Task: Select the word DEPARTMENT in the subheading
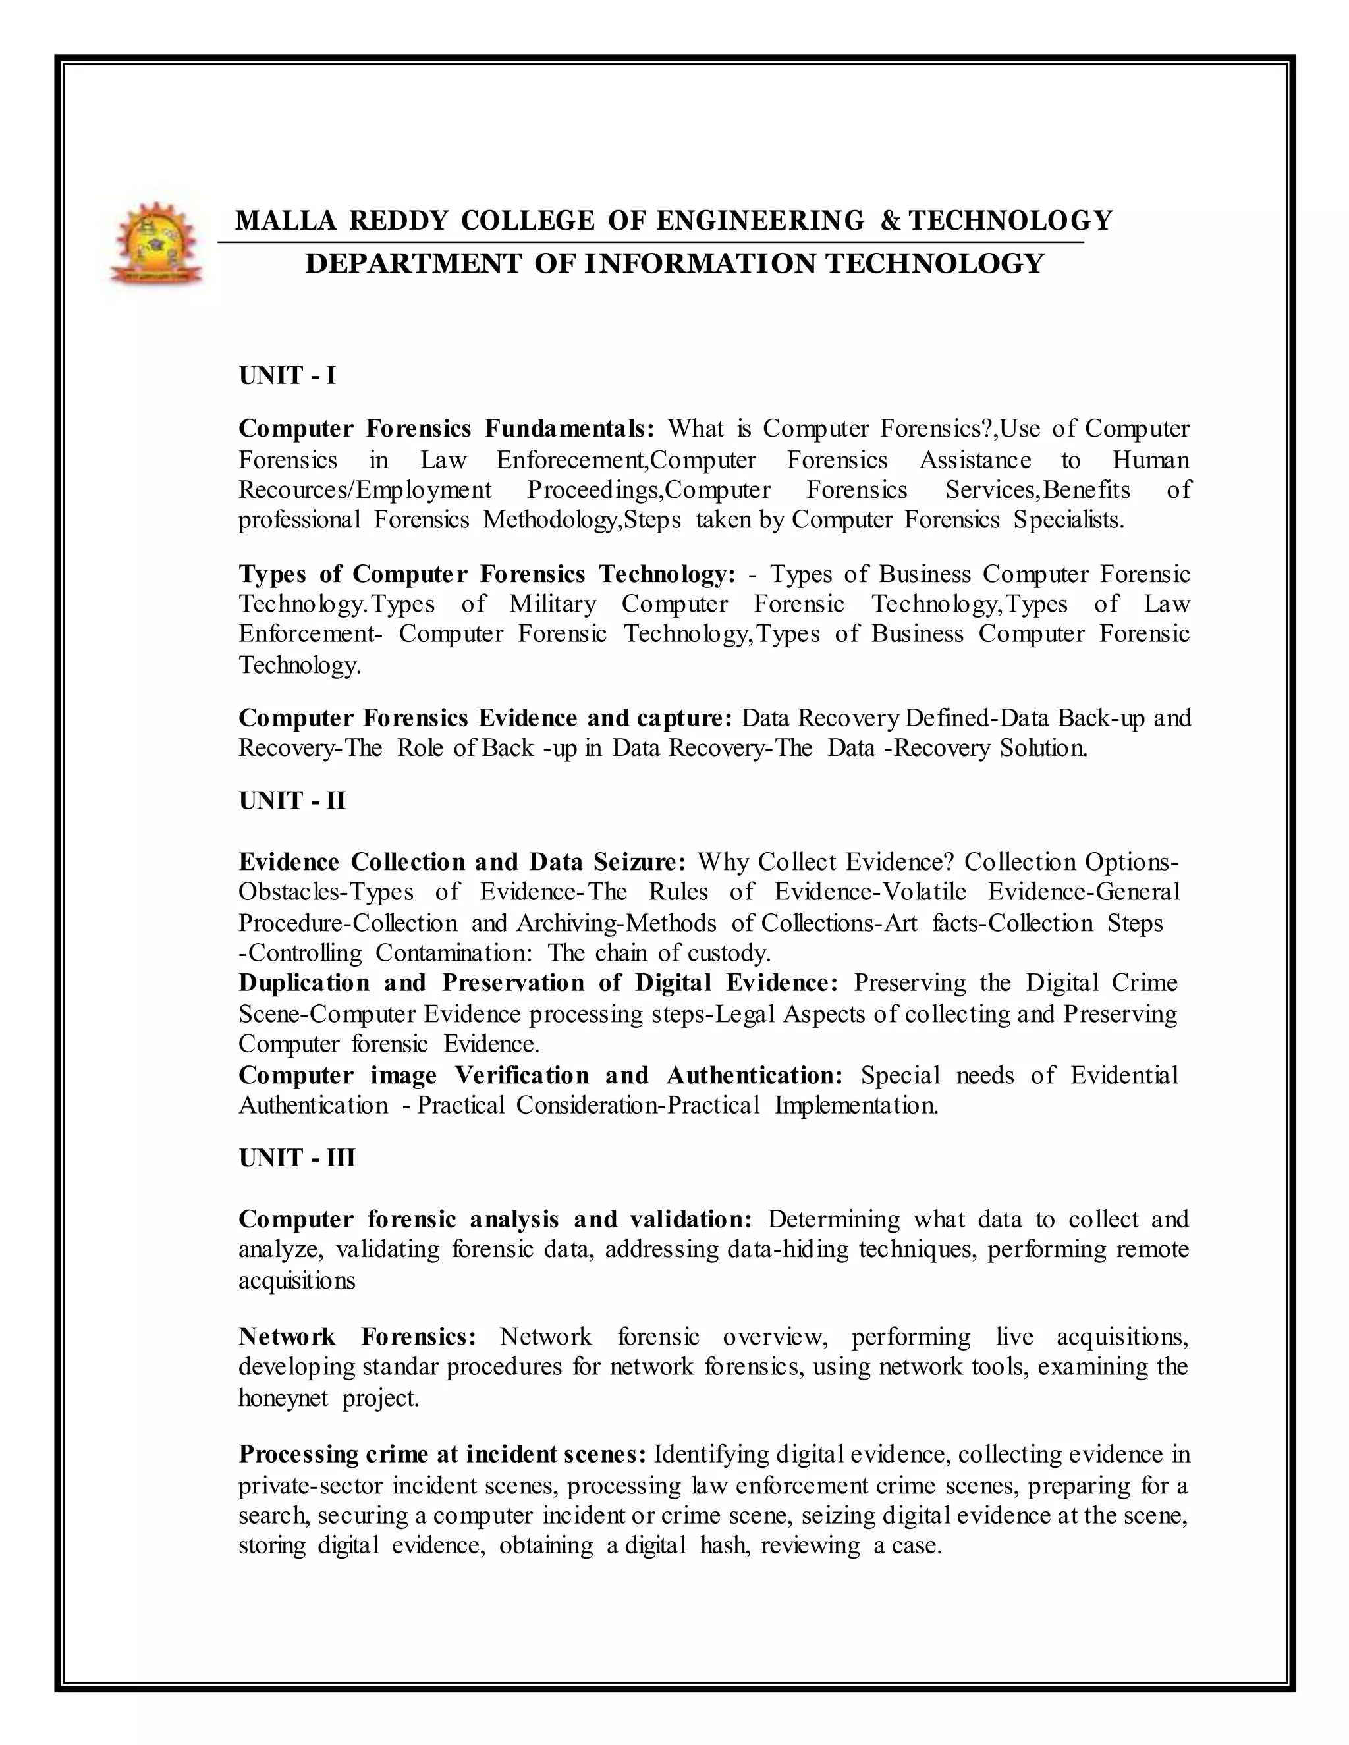413,263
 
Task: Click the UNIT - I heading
287,375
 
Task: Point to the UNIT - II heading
292,801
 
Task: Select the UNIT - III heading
296,1158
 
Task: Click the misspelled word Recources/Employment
365,489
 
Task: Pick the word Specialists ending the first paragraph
1068,520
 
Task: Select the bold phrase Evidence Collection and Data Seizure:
462,862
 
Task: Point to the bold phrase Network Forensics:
357,1337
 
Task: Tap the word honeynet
283,1398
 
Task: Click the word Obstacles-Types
326,892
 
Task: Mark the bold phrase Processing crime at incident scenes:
442,1454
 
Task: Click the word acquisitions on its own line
296,1281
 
